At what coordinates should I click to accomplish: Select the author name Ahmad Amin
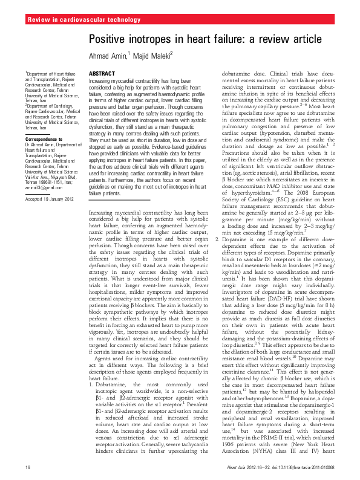coord(107,56)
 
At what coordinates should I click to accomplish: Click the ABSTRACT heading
coord(102,73)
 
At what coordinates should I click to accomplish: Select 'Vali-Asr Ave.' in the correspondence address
coord(36,178)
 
